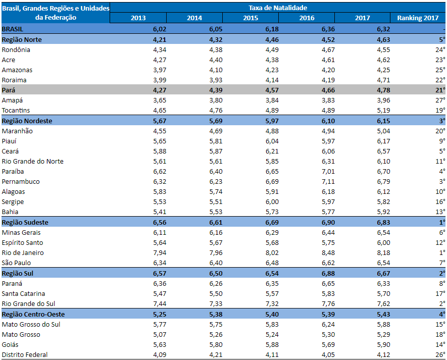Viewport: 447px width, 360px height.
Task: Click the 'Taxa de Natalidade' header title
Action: coord(278,8)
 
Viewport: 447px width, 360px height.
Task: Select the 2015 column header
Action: coord(251,18)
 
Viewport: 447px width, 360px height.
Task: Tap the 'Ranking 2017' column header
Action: coord(418,18)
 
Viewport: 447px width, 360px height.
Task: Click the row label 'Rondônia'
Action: coord(16,50)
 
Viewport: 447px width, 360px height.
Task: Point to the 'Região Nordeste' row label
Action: coord(27,121)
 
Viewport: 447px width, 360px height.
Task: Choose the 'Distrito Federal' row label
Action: coord(25,354)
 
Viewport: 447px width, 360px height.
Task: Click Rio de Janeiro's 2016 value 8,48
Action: coord(328,253)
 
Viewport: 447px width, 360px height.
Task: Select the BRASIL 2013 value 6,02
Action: coord(160,29)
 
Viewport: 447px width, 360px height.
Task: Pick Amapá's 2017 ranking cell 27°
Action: coord(440,100)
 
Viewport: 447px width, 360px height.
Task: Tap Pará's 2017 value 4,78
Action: coord(383,90)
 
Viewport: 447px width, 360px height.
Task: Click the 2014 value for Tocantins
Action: coord(216,110)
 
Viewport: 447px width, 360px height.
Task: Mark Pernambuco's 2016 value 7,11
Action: coord(328,182)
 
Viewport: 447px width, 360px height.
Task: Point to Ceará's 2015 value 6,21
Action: coord(272,151)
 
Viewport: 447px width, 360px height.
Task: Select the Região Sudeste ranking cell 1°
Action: coord(442,222)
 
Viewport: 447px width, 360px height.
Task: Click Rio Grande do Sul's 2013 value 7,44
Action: coord(160,304)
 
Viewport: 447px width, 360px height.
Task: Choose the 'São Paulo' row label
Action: coord(16,263)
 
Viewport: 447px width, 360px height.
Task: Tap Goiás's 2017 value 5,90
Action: coord(383,345)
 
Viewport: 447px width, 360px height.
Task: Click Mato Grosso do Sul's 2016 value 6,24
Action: coord(328,324)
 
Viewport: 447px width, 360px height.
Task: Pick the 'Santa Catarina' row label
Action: coord(23,293)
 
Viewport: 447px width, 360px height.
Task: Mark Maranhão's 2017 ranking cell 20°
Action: coord(440,131)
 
